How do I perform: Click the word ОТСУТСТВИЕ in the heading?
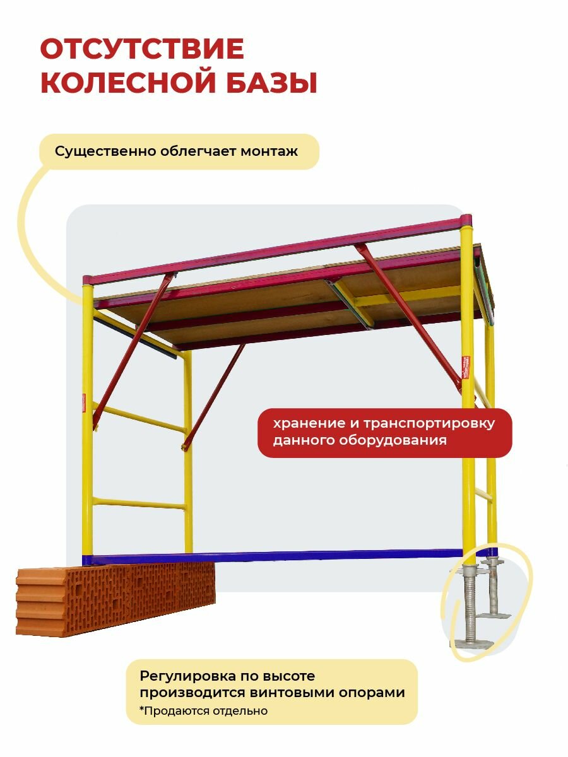click(x=142, y=50)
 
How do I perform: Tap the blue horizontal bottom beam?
click(x=278, y=556)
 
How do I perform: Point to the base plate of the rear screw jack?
click(x=493, y=613)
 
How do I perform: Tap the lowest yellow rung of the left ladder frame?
click(x=139, y=503)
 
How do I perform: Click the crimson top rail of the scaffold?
click(x=278, y=249)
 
